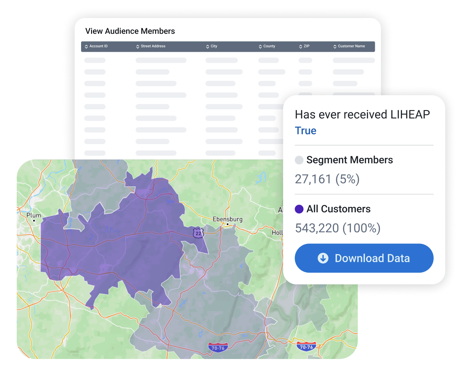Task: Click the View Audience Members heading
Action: [130, 31]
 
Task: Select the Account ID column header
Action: [98, 46]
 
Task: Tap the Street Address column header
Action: [153, 46]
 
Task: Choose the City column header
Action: [214, 46]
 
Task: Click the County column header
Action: [269, 46]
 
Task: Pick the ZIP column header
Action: [306, 46]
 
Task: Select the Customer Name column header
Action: [351, 46]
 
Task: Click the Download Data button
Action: [364, 258]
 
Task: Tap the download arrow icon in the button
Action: [323, 258]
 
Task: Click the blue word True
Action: [306, 131]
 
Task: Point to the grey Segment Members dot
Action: [299, 160]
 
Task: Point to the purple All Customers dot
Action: [299, 209]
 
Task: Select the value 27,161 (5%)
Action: [327, 179]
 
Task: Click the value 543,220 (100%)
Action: [338, 228]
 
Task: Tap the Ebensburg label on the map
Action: [227, 219]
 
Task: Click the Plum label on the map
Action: [34, 215]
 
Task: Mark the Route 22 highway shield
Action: [199, 233]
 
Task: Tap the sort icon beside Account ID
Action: [86, 47]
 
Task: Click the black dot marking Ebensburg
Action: [227, 224]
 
